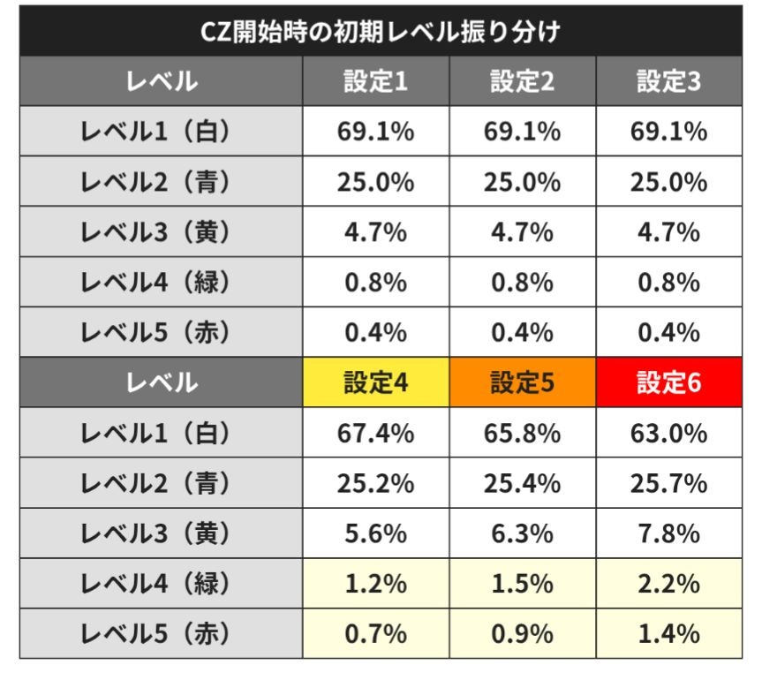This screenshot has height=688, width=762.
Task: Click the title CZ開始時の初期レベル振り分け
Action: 381,32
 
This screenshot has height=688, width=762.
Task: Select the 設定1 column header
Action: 375,82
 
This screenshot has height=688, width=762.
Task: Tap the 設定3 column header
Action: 668,82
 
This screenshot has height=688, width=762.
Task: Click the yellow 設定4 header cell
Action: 375,383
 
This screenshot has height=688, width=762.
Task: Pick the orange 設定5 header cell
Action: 522,383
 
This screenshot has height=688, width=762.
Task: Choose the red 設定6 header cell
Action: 668,383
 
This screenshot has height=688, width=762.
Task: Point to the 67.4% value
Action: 375,434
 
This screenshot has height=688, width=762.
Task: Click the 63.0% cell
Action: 668,434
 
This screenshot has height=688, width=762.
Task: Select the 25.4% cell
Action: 522,483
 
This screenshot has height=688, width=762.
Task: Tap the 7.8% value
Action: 668,533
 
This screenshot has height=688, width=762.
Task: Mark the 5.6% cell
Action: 375,533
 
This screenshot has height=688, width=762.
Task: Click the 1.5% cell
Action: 522,584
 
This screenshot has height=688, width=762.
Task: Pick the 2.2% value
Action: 668,584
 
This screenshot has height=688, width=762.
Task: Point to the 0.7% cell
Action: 375,633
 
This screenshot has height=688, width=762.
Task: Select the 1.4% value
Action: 668,633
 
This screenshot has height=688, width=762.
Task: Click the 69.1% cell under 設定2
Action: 522,132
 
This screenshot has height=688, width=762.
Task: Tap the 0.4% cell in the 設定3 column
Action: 668,332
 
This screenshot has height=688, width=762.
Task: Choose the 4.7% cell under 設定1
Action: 375,232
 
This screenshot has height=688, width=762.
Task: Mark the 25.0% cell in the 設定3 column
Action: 668,182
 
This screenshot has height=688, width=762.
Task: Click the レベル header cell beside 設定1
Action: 161,82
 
